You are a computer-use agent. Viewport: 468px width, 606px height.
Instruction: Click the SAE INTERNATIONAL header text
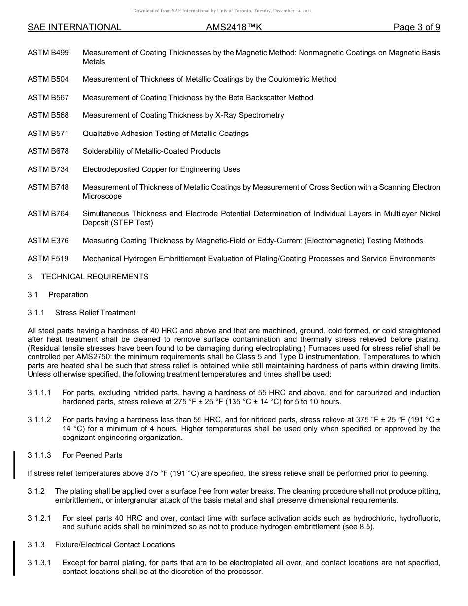74,27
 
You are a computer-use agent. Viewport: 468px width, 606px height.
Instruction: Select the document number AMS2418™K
234,27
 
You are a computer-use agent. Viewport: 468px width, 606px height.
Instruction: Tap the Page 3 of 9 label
416,27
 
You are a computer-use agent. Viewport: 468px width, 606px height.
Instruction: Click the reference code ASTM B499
48,53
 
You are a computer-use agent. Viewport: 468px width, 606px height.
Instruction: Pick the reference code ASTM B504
48,79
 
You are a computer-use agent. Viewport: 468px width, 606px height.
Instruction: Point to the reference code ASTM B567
48,98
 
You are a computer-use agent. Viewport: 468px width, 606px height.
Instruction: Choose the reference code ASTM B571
48,134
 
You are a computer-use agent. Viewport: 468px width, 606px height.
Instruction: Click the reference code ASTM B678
48,151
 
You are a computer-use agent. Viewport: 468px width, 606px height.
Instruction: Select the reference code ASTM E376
48,241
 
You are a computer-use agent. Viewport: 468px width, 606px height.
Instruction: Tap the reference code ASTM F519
48,259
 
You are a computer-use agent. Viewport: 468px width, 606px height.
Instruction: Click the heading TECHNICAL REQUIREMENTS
95,277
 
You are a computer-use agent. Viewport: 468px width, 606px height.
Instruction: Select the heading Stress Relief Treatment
95,313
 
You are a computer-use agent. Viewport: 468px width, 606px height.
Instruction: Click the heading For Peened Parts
92,455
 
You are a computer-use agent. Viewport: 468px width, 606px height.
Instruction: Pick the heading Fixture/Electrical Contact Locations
115,545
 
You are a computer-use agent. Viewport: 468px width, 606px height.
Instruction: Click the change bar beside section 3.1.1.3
14,464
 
